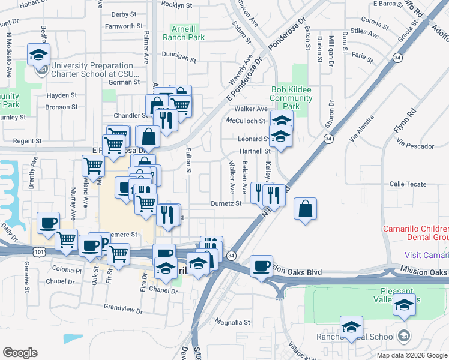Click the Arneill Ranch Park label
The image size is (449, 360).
coord(187,32)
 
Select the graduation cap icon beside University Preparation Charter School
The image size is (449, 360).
coord(38,55)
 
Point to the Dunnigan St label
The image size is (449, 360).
coord(179,59)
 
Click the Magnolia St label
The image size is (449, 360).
coord(231,322)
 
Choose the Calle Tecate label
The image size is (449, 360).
coord(408,184)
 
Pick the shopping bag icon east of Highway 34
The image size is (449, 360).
coord(306,209)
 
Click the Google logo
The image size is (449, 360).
coord(20,353)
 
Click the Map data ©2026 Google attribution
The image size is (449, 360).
coord(411,355)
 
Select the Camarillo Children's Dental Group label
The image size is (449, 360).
coord(417,233)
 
